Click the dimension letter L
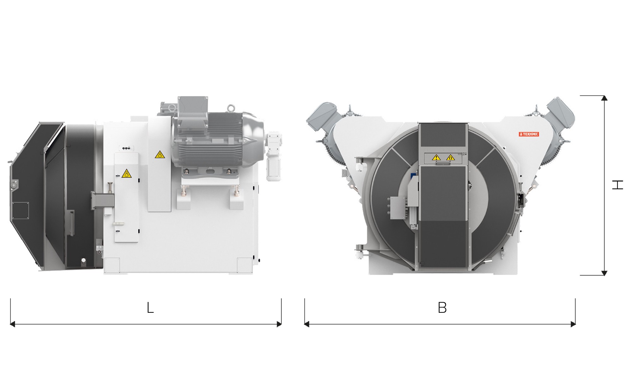click(x=150, y=308)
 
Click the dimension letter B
click(x=442, y=308)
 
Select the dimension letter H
click(x=617, y=185)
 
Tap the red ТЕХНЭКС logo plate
click(x=529, y=134)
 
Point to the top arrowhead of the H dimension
click(x=604, y=98)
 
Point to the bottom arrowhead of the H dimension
click(x=604, y=273)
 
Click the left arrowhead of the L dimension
click(x=13, y=324)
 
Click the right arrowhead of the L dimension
click(x=279, y=324)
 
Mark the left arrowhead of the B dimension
click(x=307, y=324)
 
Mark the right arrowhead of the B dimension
click(x=573, y=324)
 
